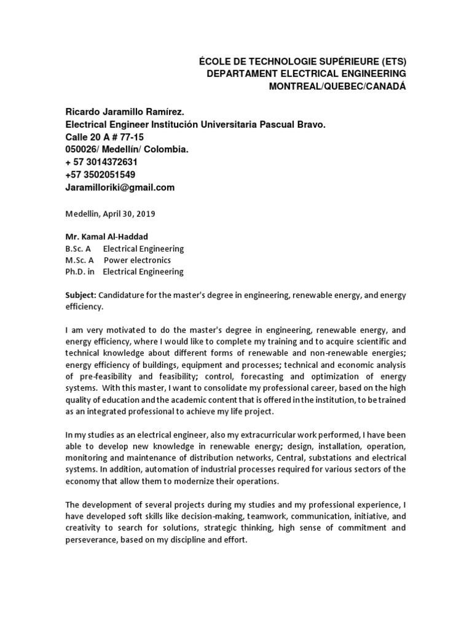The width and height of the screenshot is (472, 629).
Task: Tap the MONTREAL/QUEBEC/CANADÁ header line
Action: point(338,85)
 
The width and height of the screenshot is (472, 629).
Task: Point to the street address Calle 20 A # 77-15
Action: point(104,138)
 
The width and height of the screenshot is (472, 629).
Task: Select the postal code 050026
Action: point(81,150)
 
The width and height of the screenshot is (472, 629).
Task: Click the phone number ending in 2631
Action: point(101,162)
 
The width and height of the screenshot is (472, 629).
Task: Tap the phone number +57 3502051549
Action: point(100,174)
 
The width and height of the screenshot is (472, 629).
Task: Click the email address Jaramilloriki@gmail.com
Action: point(120,187)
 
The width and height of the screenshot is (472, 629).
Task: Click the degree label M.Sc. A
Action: point(78,260)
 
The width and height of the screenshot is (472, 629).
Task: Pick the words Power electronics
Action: point(137,260)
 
